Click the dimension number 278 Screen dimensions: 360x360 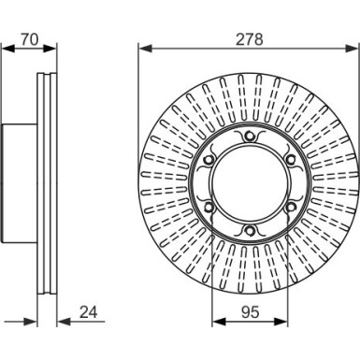click(x=250, y=39)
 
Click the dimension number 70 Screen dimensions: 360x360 click(x=29, y=39)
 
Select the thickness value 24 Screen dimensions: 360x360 click(x=89, y=312)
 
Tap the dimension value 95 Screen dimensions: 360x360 click(x=250, y=312)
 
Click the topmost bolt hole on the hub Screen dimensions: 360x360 click(x=249, y=136)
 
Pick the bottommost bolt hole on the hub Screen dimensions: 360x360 click(x=249, y=231)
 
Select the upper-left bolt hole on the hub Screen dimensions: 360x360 click(x=208, y=160)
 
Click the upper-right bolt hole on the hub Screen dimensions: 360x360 click(x=290, y=160)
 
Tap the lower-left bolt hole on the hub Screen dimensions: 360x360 click(x=208, y=207)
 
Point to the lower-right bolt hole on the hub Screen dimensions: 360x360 click(x=290, y=207)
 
